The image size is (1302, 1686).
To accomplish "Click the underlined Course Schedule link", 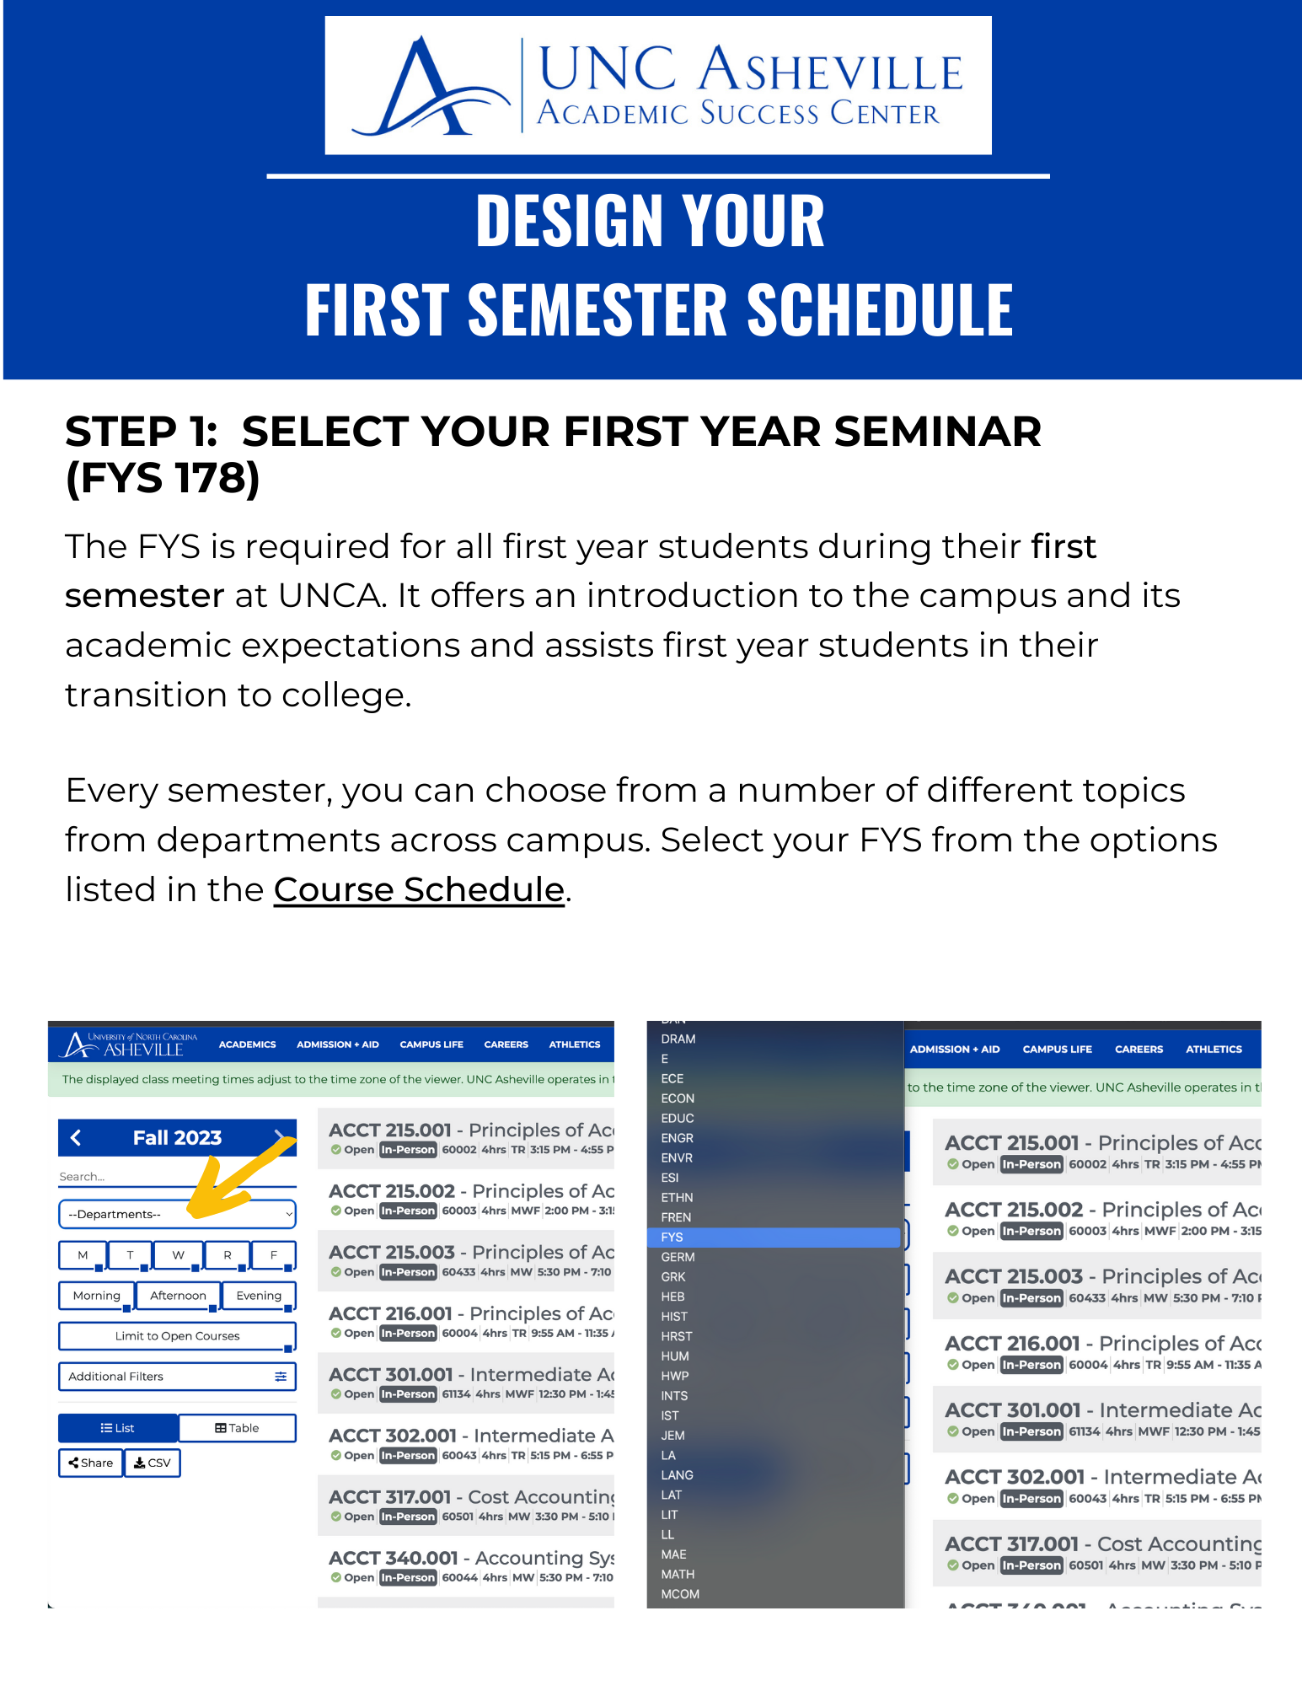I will click(x=419, y=890).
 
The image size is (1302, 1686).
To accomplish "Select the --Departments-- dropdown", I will click(x=177, y=1214).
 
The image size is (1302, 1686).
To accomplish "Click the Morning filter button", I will click(x=96, y=1296).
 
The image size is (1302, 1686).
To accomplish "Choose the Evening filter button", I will click(x=259, y=1296).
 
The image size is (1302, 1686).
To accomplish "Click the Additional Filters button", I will click(x=177, y=1377).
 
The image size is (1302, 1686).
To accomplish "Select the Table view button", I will click(x=237, y=1428).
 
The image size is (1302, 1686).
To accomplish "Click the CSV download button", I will click(x=153, y=1463).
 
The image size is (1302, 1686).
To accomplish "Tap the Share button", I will click(x=91, y=1463).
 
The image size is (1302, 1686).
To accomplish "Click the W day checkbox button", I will click(x=178, y=1255).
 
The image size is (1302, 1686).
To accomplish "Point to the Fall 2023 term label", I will click(x=177, y=1138).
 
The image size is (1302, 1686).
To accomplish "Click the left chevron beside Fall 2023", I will click(x=76, y=1138).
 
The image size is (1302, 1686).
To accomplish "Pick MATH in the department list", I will click(x=678, y=1574).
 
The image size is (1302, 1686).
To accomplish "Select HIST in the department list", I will click(x=674, y=1317).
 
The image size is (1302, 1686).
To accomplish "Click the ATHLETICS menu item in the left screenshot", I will click(x=575, y=1044).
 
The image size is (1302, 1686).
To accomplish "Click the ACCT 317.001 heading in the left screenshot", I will click(x=389, y=1497).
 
